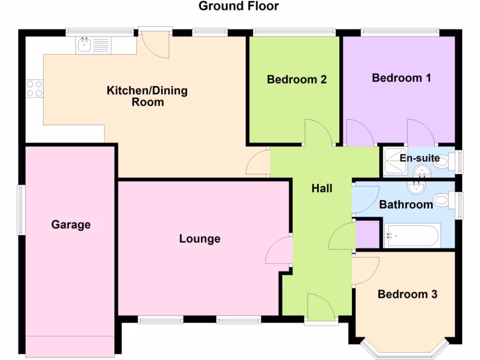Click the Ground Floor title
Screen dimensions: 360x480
[239, 7]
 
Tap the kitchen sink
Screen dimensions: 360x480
[85, 45]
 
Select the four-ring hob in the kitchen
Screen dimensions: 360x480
[34, 89]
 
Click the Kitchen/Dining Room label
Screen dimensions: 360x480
[147, 96]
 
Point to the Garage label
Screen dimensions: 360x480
[71, 225]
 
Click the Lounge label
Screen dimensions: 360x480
[200, 239]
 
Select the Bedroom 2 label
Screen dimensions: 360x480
[296, 79]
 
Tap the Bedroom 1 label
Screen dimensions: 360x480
[401, 78]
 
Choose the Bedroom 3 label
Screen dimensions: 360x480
[407, 294]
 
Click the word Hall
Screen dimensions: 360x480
[322, 188]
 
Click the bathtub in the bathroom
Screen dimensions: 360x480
[412, 235]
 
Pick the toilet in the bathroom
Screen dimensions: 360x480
[441, 201]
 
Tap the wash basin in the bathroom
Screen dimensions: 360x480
[415, 188]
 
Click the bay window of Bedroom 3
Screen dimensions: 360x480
[405, 347]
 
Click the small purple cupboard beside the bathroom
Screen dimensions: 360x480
[367, 233]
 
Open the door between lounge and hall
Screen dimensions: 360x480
[279, 251]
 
